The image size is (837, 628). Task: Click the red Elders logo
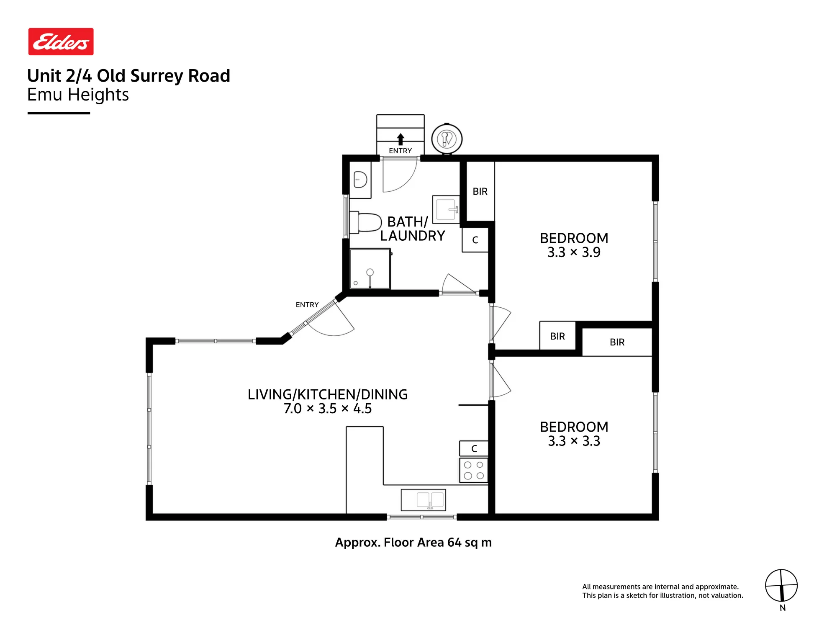[61, 41]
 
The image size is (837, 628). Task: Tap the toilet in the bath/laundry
[365, 222]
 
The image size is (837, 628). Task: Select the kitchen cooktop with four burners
[474, 470]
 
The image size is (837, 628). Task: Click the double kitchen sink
[423, 500]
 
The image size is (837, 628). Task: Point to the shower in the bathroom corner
[370, 269]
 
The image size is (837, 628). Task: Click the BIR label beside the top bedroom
[480, 191]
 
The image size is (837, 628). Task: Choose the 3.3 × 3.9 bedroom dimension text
[574, 252]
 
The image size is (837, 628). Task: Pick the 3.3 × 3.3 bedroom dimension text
[574, 441]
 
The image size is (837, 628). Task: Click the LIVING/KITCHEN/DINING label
[327, 394]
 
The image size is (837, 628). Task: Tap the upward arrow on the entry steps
[401, 139]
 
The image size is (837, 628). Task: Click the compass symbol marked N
[781, 585]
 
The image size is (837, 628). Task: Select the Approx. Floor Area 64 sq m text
[413, 543]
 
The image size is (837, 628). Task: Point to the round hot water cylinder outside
[447, 139]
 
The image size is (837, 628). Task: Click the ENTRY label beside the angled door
[307, 305]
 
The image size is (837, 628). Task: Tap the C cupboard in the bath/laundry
[475, 240]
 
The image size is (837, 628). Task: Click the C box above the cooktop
[474, 448]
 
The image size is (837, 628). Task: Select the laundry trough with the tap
[446, 209]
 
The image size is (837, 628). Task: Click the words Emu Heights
[78, 95]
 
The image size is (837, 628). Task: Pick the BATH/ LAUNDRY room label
[412, 229]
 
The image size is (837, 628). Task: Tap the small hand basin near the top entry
[360, 180]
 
